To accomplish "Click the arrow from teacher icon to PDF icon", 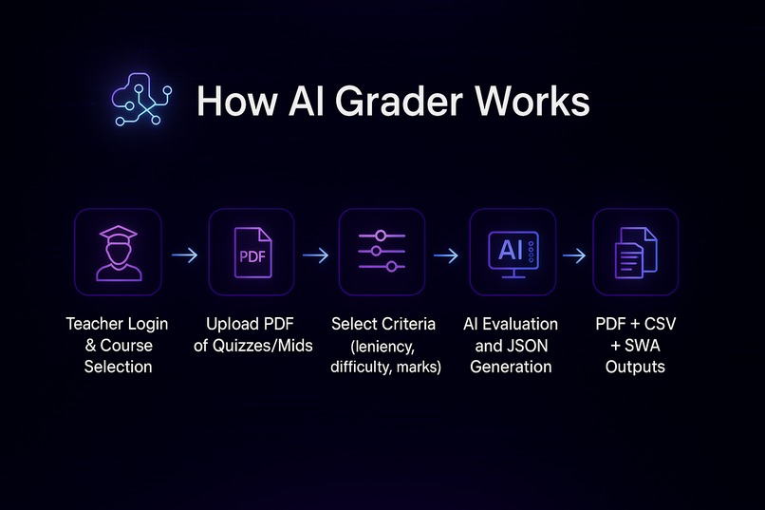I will pos(184,255).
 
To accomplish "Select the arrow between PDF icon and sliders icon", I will pos(316,255).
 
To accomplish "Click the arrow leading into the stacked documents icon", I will pos(573,255).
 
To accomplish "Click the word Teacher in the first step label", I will pos(93,325).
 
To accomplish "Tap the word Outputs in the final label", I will pos(635,367).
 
